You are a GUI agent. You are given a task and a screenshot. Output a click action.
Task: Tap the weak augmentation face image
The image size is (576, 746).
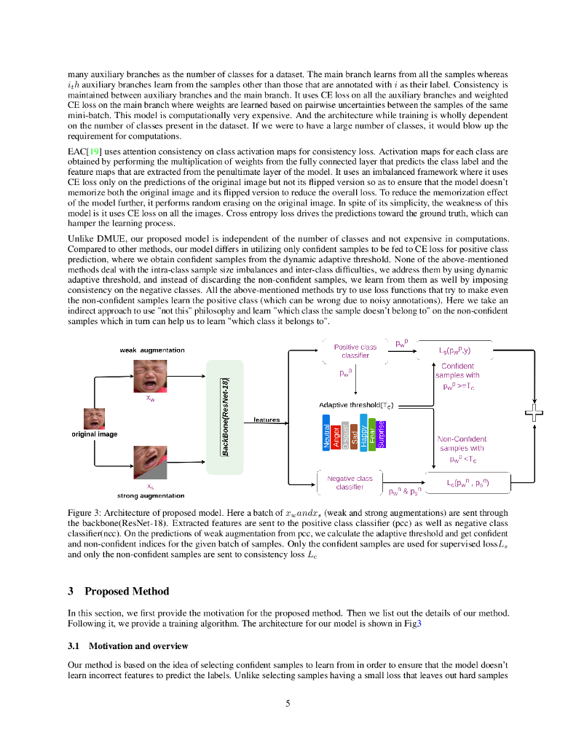(149, 377)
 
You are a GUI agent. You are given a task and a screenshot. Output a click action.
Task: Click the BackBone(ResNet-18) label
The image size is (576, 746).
(226, 417)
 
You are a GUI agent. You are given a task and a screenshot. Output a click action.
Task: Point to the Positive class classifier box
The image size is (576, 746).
(355, 351)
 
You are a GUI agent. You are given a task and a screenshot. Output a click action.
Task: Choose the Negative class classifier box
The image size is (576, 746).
(350, 482)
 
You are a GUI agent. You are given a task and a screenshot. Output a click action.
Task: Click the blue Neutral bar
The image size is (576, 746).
(326, 433)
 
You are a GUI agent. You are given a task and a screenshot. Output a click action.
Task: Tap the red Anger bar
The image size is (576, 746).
(336, 433)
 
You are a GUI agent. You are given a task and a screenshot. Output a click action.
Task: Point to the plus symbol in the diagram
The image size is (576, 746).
(534, 414)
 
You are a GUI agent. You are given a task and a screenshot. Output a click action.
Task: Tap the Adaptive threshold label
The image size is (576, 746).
(357, 404)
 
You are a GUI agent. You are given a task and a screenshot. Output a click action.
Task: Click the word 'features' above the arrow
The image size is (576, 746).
(267, 420)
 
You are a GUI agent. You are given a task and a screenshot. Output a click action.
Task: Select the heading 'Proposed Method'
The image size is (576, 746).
(127, 591)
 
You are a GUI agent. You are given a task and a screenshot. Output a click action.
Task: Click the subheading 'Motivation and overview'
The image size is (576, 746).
(138, 646)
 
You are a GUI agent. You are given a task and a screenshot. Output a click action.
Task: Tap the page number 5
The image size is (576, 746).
(288, 703)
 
